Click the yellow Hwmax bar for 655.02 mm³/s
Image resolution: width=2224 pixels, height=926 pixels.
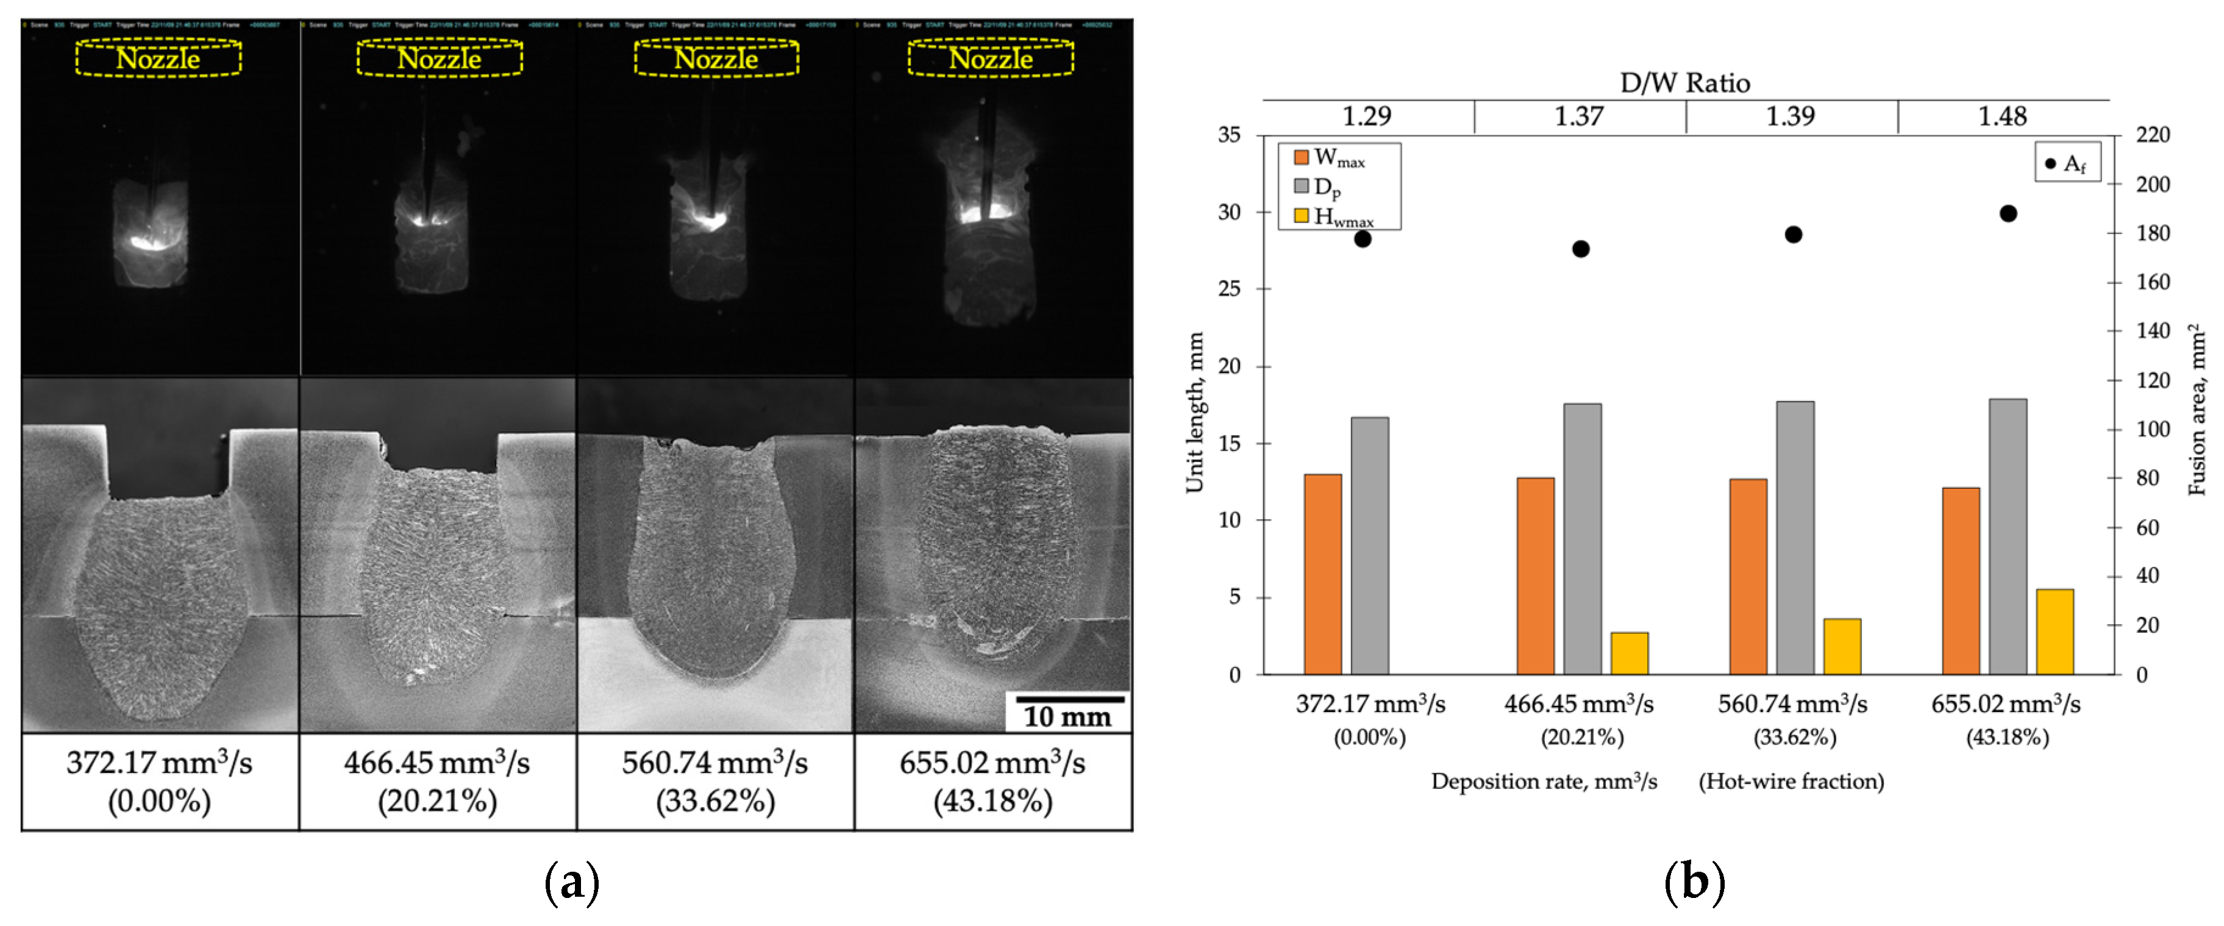pos(2054,632)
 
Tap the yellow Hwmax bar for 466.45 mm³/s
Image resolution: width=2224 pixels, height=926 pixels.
pos(1629,654)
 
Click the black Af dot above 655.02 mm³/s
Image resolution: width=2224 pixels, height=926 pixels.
pos(2008,213)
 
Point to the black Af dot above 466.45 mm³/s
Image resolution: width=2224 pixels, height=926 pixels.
pos(1581,249)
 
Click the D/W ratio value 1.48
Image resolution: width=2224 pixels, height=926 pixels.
pos(2002,116)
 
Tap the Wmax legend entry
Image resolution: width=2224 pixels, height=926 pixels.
pos(1330,158)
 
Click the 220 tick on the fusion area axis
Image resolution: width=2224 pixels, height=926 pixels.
pos(2152,135)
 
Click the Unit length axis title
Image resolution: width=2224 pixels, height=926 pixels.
pos(1195,413)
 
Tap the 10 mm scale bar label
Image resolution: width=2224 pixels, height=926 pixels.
pos(1067,716)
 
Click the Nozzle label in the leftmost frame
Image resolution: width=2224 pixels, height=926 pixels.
pos(158,59)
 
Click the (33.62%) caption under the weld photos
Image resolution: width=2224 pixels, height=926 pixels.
pos(715,801)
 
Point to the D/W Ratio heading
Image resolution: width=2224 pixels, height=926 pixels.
pos(1684,83)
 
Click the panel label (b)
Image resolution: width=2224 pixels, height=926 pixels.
pos(1694,882)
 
